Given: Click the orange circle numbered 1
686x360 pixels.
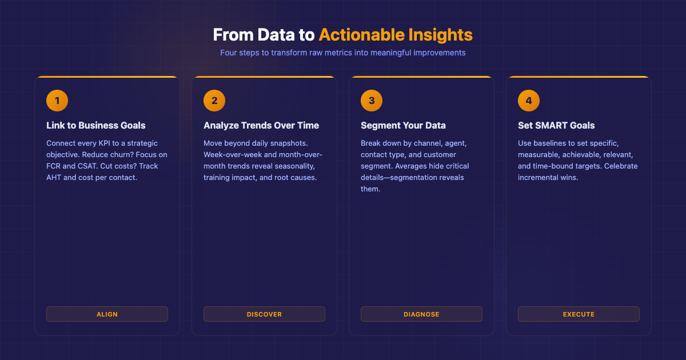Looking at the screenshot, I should [57, 101].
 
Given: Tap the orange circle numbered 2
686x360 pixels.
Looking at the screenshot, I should [214, 101].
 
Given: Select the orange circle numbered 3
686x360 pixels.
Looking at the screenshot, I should [372, 101].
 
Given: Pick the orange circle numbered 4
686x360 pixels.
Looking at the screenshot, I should [529, 101].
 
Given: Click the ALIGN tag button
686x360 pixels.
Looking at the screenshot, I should [107, 314].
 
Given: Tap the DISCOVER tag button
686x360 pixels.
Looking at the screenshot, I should [264, 314].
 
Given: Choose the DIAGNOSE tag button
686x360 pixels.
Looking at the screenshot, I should [421, 314].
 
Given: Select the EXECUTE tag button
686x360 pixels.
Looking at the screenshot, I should [579, 314].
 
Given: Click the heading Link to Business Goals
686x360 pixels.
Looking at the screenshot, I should [96, 125].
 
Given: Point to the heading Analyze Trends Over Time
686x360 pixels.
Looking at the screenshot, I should [261, 125].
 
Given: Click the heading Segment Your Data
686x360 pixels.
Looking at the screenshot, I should [403, 125].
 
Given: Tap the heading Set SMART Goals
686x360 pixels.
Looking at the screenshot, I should [556, 125].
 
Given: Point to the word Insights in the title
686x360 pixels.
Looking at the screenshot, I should [440, 35].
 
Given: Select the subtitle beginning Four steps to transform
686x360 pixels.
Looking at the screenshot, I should [343, 53].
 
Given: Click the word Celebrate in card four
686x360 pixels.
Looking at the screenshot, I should [620, 166].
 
